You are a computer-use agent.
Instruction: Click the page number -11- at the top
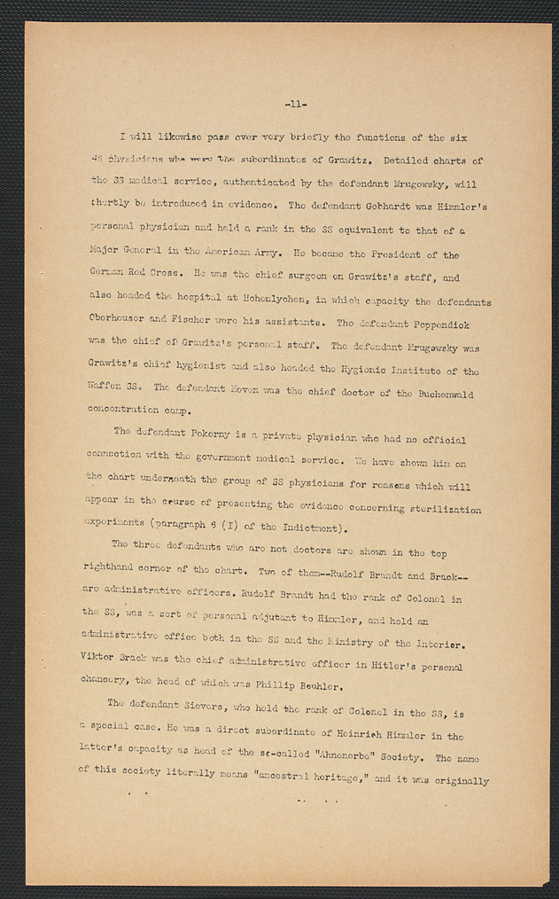coord(296,106)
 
